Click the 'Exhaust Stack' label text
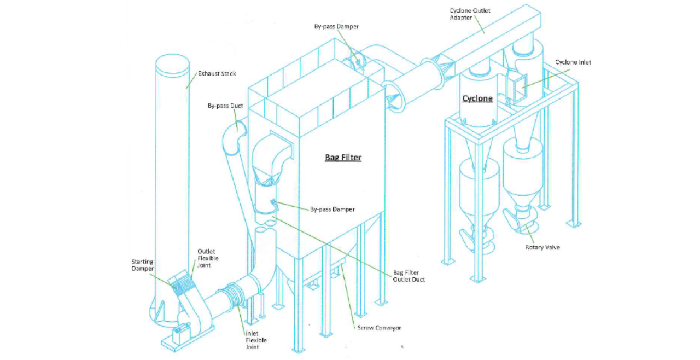tap(217, 73)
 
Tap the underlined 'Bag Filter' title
tap(343, 158)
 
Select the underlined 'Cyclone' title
tap(477, 98)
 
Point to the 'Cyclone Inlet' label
tap(573, 62)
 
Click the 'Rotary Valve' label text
tap(542, 247)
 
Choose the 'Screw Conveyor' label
tap(379, 328)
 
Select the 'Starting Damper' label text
tap(142, 265)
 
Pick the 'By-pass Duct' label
tap(225, 106)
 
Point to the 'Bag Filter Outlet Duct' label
tap(409, 276)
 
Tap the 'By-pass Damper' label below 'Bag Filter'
tap(332, 209)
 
